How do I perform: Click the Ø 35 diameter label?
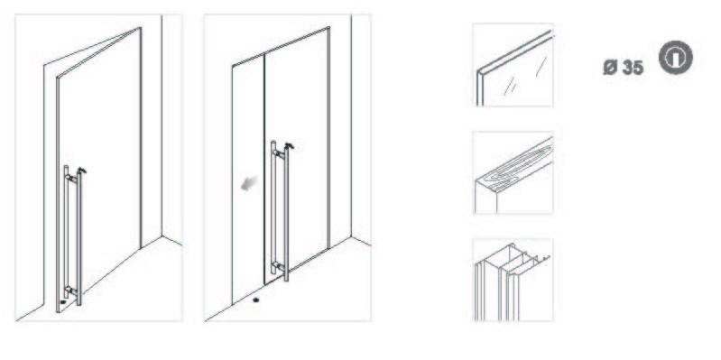click(x=623, y=68)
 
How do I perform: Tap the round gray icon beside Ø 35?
click(x=676, y=58)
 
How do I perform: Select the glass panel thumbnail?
click(x=513, y=65)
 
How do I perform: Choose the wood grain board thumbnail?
click(x=513, y=173)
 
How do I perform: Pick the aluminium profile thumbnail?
click(x=513, y=280)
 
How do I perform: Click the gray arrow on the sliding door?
click(x=249, y=185)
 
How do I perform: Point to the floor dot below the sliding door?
click(x=256, y=300)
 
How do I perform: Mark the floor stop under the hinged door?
click(x=63, y=302)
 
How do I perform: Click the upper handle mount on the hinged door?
click(x=71, y=179)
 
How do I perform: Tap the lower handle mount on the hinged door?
click(x=71, y=291)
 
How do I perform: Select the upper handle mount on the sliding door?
click(x=278, y=153)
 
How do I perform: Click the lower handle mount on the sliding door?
click(x=278, y=266)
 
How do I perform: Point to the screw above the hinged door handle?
click(x=81, y=171)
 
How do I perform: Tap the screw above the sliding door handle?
click(x=289, y=146)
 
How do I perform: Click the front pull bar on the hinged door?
click(x=79, y=238)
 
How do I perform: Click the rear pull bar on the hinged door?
click(x=66, y=231)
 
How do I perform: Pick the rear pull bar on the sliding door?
click(x=273, y=207)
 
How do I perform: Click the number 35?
click(x=633, y=68)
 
